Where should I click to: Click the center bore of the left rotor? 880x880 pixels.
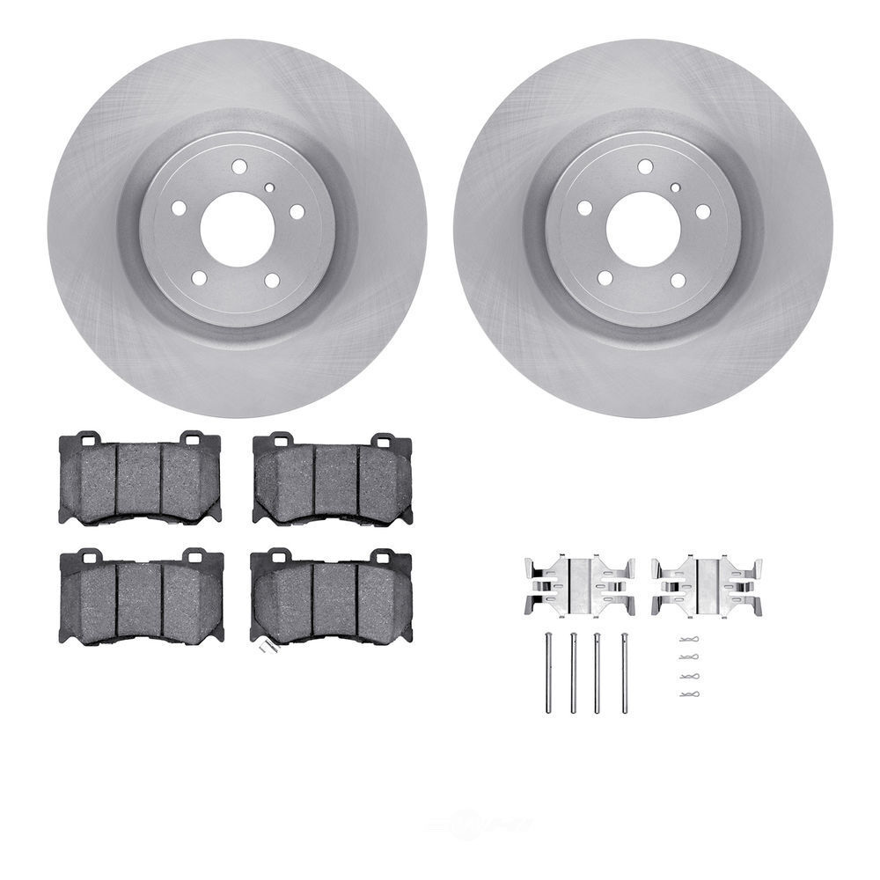pyautogui.click(x=237, y=230)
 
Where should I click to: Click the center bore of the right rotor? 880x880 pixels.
pyautogui.click(x=643, y=230)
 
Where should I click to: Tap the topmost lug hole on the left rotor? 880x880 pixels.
pyautogui.click(x=239, y=165)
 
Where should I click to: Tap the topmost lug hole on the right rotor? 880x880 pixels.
pyautogui.click(x=645, y=165)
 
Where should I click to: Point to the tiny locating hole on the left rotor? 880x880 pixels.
pyautogui.click(x=269, y=187)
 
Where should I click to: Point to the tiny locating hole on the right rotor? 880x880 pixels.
pyautogui.click(x=675, y=187)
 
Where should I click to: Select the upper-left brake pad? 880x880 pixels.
pyautogui.click(x=140, y=480)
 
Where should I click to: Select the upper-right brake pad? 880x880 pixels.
pyautogui.click(x=333, y=480)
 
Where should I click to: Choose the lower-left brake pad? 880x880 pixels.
pyautogui.click(x=141, y=598)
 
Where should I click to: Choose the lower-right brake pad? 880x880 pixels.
pyautogui.click(x=331, y=598)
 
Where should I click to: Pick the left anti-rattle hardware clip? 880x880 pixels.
pyautogui.click(x=579, y=585)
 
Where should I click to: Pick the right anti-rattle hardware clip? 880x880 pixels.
pyautogui.click(x=707, y=585)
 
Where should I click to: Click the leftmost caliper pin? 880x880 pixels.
pyautogui.click(x=548, y=672)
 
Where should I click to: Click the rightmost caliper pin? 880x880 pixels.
pyautogui.click(x=625, y=672)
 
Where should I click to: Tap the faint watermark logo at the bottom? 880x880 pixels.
pyautogui.click(x=480, y=825)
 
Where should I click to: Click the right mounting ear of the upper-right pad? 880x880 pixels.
pyautogui.click(x=380, y=439)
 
